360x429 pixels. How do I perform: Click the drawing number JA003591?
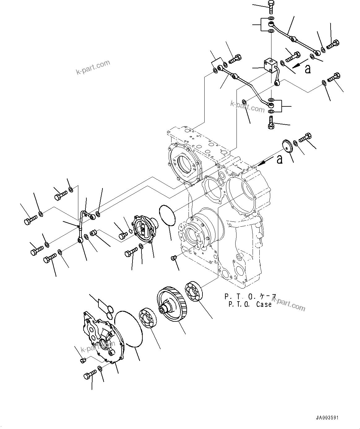tap(327, 418)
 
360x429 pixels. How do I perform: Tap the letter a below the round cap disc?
tap(280, 159)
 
